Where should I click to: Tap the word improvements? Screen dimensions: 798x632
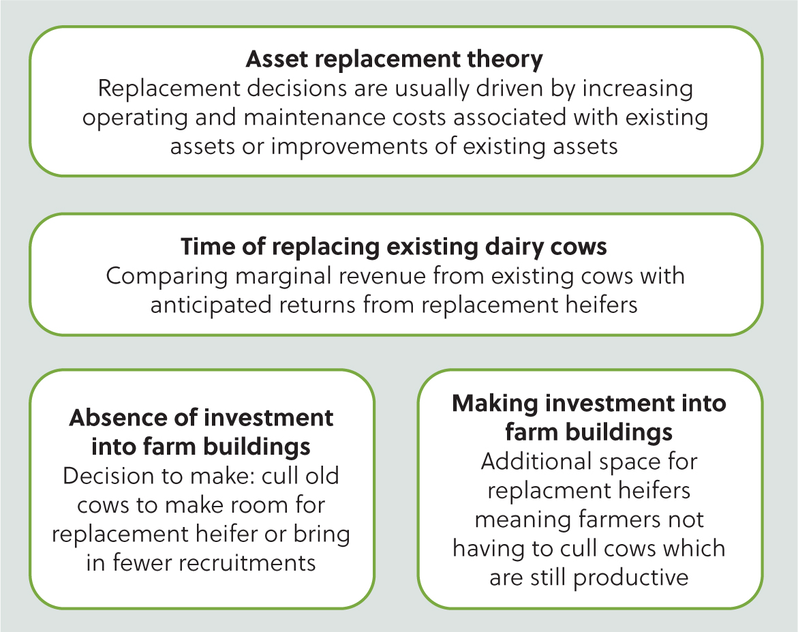pos(349,147)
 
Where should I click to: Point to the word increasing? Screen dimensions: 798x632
pos(637,89)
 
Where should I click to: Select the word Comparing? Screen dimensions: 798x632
pos(166,277)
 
